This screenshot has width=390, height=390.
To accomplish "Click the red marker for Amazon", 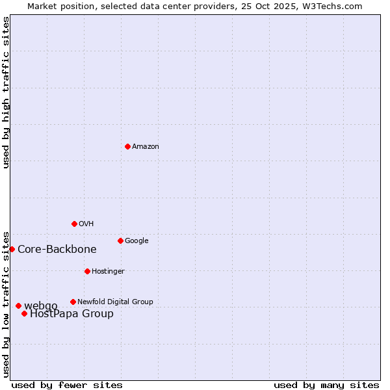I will pyautogui.click(x=127, y=146).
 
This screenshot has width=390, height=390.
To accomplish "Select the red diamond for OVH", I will pyautogui.click(x=74, y=224).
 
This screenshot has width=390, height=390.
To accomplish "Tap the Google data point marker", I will pyautogui.click(x=120, y=240).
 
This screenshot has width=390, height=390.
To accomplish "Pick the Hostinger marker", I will pyautogui.click(x=87, y=271).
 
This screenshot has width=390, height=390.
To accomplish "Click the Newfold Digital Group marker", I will pyautogui.click(x=73, y=302).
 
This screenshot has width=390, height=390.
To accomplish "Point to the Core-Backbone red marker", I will pyautogui.click(x=12, y=249).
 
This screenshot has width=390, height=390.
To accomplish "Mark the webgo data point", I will pyautogui.click(x=18, y=305).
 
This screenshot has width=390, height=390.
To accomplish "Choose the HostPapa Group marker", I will pyautogui.click(x=24, y=313).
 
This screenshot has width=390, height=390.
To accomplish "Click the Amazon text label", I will pyautogui.click(x=146, y=146).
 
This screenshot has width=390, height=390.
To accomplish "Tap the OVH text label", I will pyautogui.click(x=86, y=224).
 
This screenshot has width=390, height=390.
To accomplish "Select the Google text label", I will pyautogui.click(x=136, y=240).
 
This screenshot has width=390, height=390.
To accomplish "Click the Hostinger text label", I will pyautogui.click(x=108, y=271).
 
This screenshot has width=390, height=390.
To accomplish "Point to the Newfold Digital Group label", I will pyautogui.click(x=115, y=302).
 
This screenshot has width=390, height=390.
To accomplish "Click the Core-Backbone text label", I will pyautogui.click(x=57, y=249).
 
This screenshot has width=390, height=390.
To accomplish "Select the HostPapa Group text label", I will pyautogui.click(x=71, y=314).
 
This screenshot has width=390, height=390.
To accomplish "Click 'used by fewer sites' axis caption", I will pyautogui.click(x=67, y=385).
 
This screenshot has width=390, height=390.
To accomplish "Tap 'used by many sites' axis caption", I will pyautogui.click(x=326, y=385).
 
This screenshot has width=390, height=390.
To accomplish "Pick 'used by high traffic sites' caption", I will pyautogui.click(x=6, y=92).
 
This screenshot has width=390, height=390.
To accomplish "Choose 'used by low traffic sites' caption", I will pyautogui.click(x=6, y=304).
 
